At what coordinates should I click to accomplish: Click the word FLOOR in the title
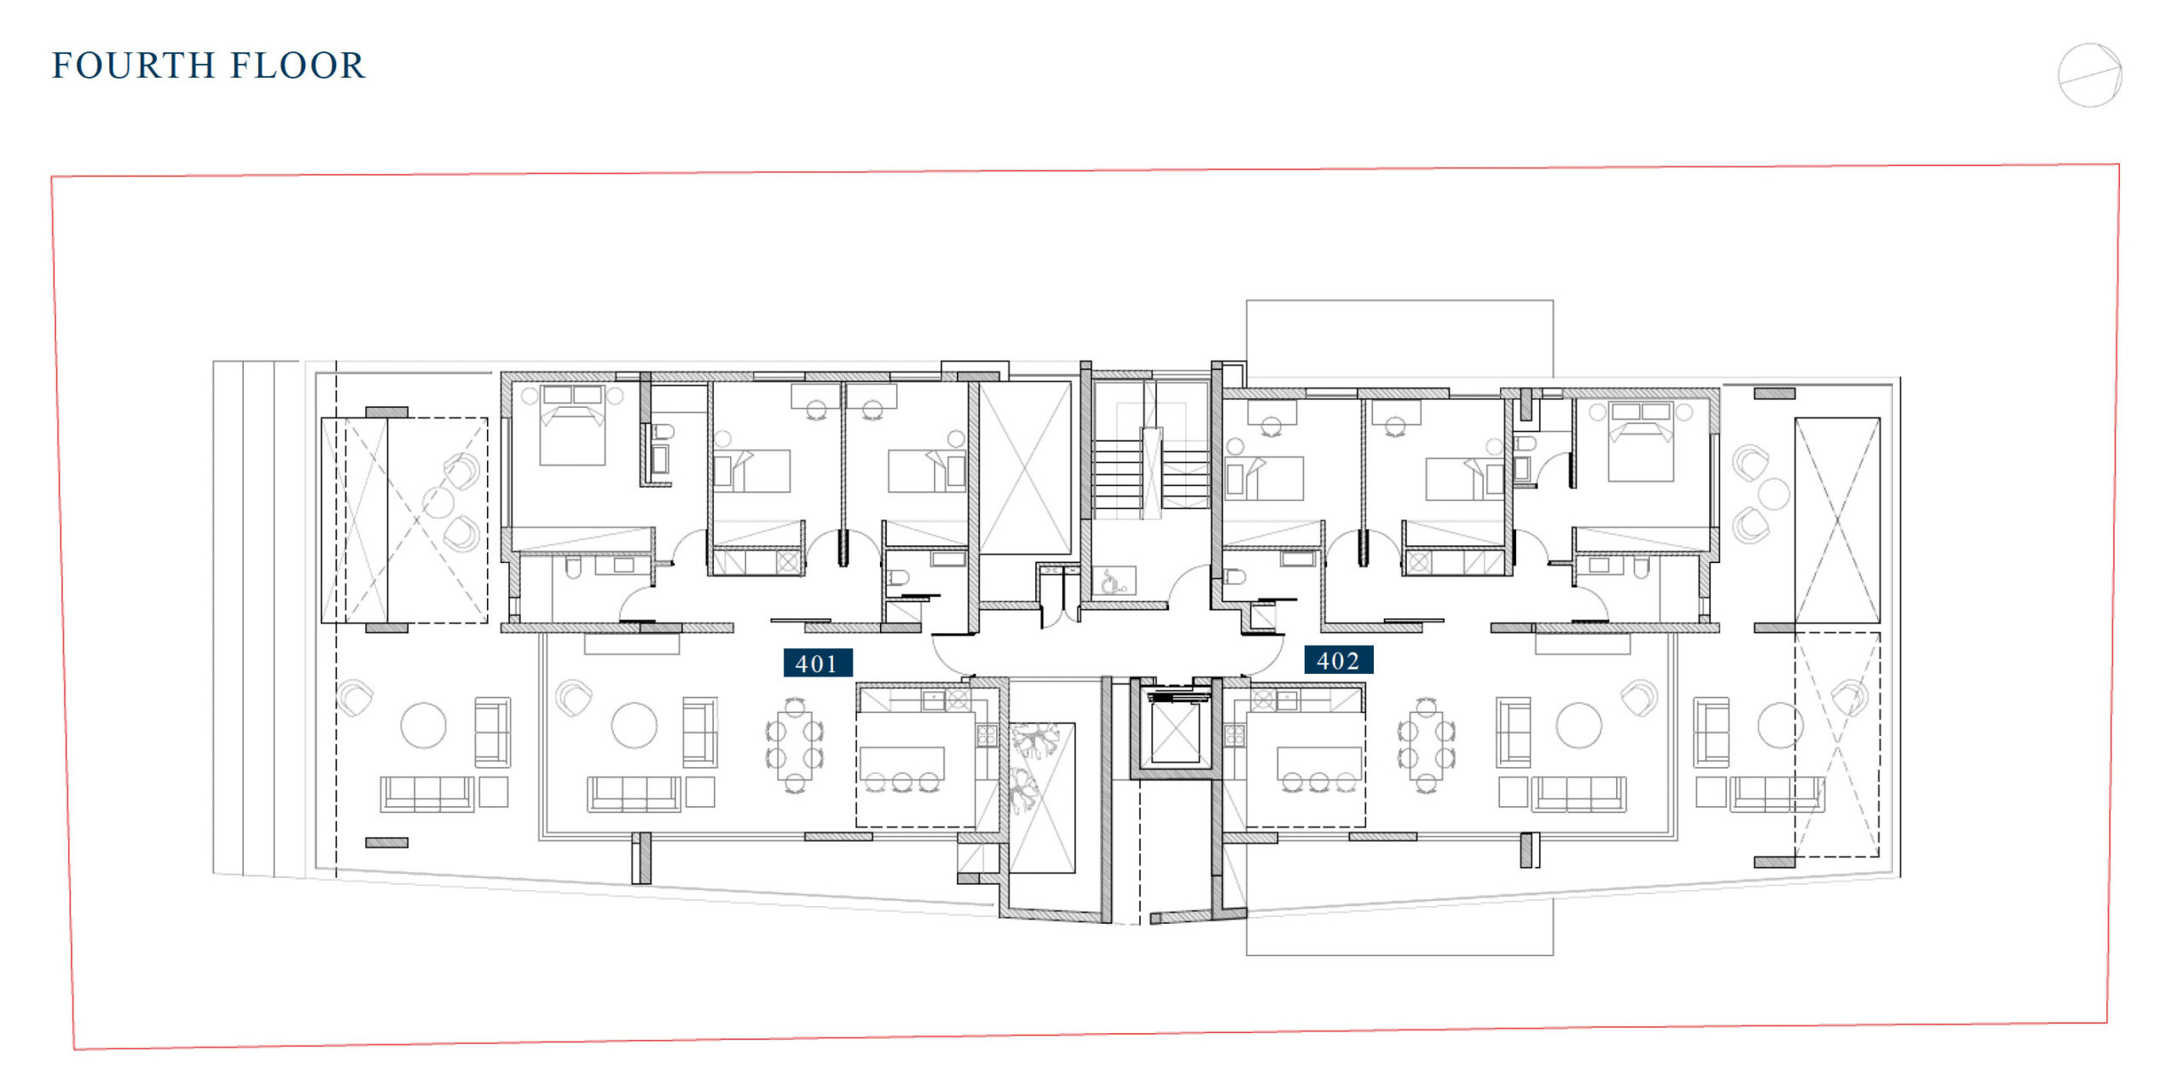pyautogui.click(x=298, y=66)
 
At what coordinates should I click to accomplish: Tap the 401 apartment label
pyautogui.click(x=818, y=663)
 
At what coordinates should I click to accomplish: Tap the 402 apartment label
pyautogui.click(x=1339, y=660)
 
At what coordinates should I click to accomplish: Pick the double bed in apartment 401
pyautogui.click(x=573, y=424)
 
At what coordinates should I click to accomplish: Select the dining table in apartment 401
pyautogui.click(x=795, y=744)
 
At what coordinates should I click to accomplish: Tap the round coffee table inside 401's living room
pyautogui.click(x=634, y=725)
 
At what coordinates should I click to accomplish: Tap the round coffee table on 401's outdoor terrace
pyautogui.click(x=424, y=725)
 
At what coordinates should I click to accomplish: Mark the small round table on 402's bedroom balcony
pyautogui.click(x=1774, y=494)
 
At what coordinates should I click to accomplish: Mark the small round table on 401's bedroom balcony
pyautogui.click(x=438, y=502)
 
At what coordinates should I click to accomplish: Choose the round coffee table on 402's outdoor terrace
pyautogui.click(x=1781, y=725)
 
